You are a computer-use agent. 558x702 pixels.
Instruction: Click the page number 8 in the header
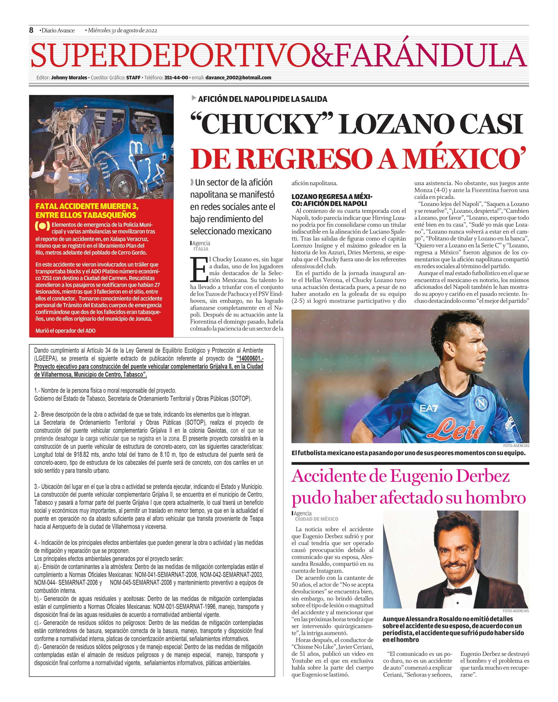[x=31, y=30]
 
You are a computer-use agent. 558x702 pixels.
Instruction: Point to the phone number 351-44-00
[x=176, y=77]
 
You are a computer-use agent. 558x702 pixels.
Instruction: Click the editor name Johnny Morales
[x=69, y=77]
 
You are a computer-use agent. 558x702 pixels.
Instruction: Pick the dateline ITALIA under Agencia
[x=201, y=249]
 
